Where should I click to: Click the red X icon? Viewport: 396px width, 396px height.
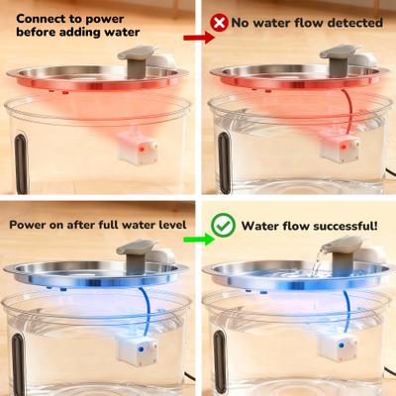[x=219, y=23]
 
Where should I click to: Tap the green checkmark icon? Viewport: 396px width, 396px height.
[x=223, y=226]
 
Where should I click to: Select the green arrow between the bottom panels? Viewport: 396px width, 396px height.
[x=199, y=239]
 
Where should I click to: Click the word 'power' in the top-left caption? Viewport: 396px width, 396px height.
[x=105, y=20]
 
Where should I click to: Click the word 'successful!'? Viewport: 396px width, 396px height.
[x=346, y=226]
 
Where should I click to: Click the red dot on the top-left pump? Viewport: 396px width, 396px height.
[x=142, y=148]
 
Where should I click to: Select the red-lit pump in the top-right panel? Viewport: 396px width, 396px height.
[x=340, y=148]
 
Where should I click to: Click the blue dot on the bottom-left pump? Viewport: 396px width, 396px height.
[x=141, y=348]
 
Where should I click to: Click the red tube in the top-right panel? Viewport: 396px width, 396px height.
[x=348, y=112]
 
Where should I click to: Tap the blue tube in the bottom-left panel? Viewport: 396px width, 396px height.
[x=147, y=310]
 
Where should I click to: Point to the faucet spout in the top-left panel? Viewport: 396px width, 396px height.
[x=138, y=52]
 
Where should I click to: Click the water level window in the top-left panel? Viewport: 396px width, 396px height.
[x=21, y=163]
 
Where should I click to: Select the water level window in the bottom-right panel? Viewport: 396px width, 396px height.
[x=220, y=361]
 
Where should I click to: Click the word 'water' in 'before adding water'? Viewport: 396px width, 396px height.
[x=122, y=33]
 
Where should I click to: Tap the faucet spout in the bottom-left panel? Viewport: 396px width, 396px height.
[x=137, y=247]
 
